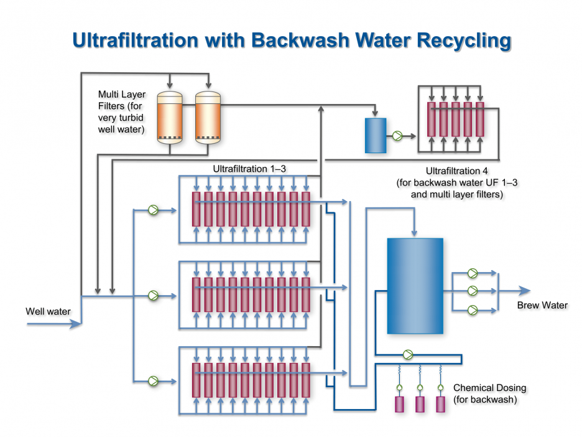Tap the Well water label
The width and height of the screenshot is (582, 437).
tap(48, 311)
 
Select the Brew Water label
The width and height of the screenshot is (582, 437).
tap(542, 305)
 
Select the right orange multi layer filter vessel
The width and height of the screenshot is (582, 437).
tap(208, 118)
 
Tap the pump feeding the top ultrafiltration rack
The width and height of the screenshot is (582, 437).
tap(153, 210)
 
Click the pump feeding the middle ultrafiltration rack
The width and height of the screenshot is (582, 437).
tap(153, 296)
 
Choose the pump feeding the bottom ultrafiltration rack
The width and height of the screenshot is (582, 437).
tap(153, 381)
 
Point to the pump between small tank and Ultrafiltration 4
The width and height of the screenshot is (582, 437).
tap(397, 135)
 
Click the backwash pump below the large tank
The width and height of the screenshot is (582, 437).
tap(407, 355)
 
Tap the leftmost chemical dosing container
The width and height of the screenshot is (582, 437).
tap(400, 404)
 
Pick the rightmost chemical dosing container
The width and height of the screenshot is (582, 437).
tap(440, 404)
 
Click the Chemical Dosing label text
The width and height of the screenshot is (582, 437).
tap(489, 388)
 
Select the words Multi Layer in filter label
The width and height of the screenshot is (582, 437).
tap(122, 95)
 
